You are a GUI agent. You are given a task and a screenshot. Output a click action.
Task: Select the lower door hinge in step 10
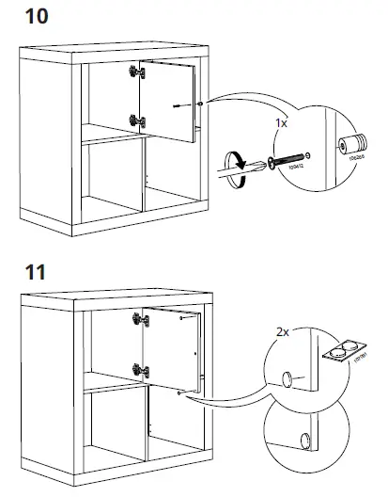pos(138,120)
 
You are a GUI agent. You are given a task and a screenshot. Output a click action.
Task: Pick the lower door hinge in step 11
pos(141,369)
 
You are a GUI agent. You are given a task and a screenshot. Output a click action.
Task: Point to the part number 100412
pos(297,168)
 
